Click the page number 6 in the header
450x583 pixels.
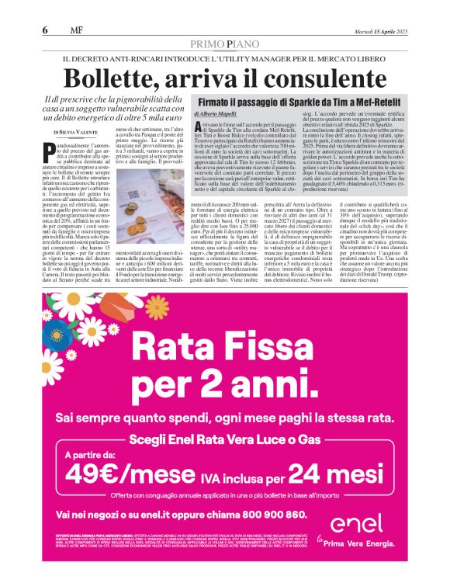[x=45, y=31]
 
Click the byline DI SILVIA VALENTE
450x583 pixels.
[x=77, y=134]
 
